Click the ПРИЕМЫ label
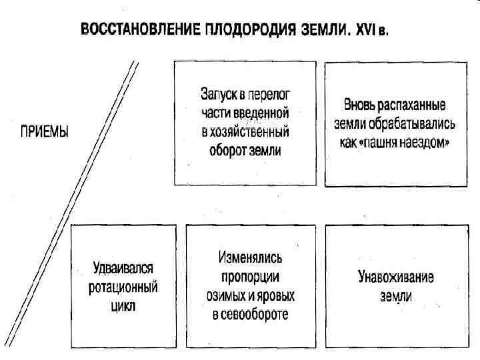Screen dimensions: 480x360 42,132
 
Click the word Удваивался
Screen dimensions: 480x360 123,268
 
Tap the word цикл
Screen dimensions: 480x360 123,307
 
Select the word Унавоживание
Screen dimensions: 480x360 396,278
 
